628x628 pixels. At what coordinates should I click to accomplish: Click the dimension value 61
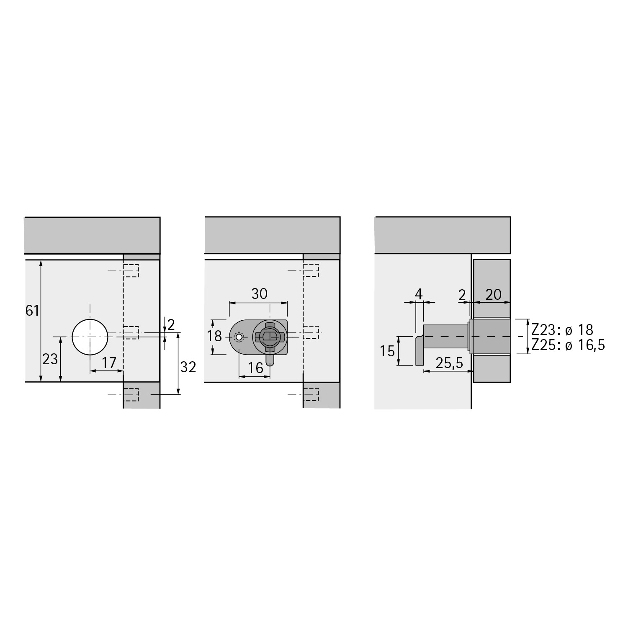(32, 311)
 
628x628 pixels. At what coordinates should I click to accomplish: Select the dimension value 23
(50, 359)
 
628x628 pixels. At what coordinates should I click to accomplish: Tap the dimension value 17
(109, 363)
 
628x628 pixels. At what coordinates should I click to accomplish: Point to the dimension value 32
(188, 367)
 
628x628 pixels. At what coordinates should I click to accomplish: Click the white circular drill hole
(90, 337)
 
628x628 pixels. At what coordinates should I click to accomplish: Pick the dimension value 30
(259, 294)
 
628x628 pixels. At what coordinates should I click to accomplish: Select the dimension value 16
(255, 368)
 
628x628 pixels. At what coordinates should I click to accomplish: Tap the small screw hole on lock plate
(239, 337)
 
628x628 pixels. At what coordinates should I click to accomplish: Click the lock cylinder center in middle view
(269, 336)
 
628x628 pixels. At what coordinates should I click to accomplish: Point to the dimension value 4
(419, 294)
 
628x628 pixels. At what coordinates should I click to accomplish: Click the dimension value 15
(388, 350)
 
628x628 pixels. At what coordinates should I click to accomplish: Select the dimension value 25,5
(449, 363)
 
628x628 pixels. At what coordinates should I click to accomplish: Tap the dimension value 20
(493, 295)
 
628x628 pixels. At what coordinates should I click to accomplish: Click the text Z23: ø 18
(562, 330)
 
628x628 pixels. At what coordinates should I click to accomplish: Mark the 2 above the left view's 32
(171, 324)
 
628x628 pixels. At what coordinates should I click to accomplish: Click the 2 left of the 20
(462, 295)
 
